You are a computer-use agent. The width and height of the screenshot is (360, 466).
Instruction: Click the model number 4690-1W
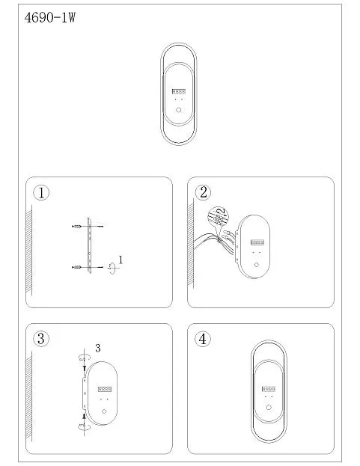pyautogui.click(x=49, y=18)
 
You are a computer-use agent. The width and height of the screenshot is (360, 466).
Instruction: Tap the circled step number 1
pyautogui.click(x=41, y=192)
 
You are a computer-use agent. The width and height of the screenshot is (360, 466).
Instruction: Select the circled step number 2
pyautogui.click(x=203, y=192)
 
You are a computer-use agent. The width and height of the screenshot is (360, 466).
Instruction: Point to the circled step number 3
pyautogui.click(x=41, y=339)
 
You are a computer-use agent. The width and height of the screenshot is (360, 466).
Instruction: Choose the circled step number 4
pyautogui.click(x=203, y=339)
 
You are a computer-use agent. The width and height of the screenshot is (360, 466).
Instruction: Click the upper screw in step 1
pyautogui.click(x=76, y=227)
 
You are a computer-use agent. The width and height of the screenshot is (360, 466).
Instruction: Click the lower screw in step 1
pyautogui.click(x=76, y=267)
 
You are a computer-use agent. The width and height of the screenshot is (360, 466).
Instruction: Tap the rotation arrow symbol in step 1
pyautogui.click(x=112, y=268)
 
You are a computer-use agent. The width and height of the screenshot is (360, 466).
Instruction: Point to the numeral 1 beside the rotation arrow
pyautogui.click(x=120, y=260)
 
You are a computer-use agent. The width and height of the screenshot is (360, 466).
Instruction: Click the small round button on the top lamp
pyautogui.click(x=178, y=110)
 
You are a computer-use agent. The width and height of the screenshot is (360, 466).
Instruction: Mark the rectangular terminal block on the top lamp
pyautogui.click(x=179, y=91)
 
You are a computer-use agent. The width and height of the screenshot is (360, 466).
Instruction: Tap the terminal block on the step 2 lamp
pyautogui.click(x=257, y=242)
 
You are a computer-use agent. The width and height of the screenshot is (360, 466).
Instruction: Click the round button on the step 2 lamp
pyautogui.click(x=257, y=265)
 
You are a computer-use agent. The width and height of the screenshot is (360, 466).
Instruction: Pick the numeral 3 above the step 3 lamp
pyautogui.click(x=98, y=348)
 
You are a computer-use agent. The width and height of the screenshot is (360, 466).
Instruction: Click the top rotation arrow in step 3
pyautogui.click(x=84, y=358)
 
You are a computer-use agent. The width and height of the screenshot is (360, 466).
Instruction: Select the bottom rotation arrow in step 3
pyautogui.click(x=84, y=427)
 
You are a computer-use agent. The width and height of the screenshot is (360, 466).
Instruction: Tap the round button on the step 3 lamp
pyautogui.click(x=104, y=411)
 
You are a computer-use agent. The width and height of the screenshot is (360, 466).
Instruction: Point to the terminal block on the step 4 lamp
pyautogui.click(x=269, y=389)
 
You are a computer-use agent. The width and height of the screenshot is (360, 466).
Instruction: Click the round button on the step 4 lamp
pyautogui.click(x=269, y=407)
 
